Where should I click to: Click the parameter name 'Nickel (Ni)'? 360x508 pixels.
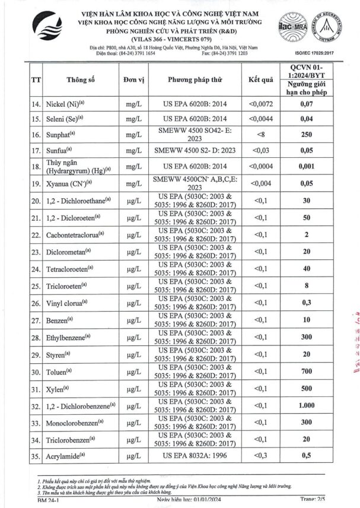[69, 104]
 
